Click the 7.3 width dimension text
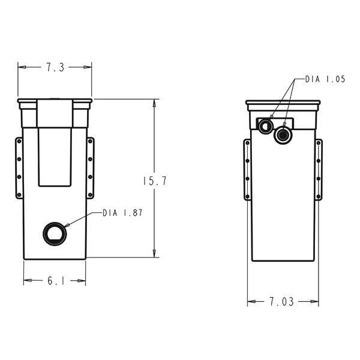55,68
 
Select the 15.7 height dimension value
155,181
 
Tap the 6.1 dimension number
55,281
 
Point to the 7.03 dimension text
282,302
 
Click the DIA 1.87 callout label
122,212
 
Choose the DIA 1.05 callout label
325,79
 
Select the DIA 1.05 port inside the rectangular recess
265,125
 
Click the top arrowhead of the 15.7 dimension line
155,102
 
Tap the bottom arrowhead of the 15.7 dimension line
155,254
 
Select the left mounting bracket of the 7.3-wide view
19,168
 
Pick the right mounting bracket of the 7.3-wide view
91,168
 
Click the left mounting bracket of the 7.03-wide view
247,170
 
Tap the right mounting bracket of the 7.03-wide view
319,170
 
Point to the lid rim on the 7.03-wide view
282,104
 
